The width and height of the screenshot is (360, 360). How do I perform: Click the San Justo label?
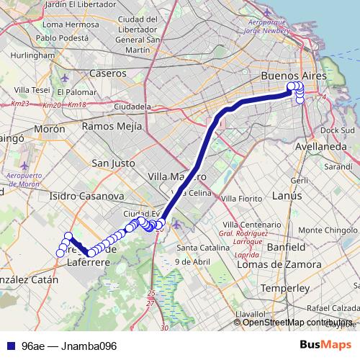point(113,163)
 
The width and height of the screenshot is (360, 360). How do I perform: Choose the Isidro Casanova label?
point(78,196)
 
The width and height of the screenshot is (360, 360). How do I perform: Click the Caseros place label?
point(108,73)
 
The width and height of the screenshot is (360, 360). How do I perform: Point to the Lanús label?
point(287,195)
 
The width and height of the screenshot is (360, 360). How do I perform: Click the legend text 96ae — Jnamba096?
point(69,346)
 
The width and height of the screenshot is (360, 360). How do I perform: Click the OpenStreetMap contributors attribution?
point(299,323)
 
